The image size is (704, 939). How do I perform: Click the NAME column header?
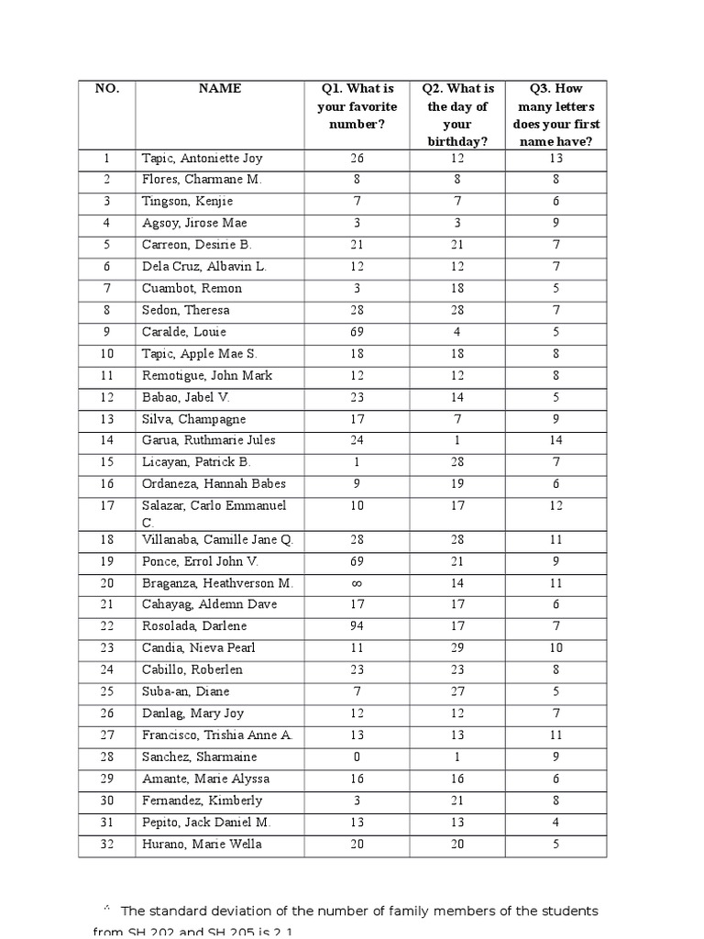pos(220,89)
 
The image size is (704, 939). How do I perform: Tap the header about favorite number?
pos(357,106)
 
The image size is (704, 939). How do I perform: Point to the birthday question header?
pos(457,115)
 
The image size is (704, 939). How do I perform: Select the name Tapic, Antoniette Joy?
pos(202,158)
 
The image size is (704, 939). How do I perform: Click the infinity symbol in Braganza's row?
pos(357,582)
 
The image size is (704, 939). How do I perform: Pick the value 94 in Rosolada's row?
pos(357,626)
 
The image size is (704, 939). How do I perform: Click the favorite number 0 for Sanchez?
pos(357,757)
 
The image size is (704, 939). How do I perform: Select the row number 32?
pos(106,845)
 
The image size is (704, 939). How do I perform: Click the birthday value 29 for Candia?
pos(457,648)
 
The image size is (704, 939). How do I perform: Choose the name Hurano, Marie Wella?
pos(202,845)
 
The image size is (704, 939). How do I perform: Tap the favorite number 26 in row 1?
pos(357,158)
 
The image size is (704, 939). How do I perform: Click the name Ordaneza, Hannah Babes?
pos(214,484)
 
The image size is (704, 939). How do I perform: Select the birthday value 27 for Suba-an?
pos(457,692)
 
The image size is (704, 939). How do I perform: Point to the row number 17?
pos(106,505)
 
